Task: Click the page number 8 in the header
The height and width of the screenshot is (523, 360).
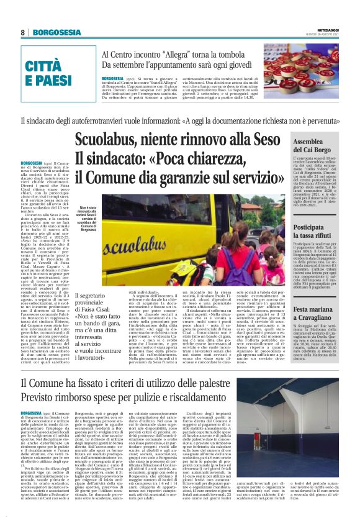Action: pyautogui.click(x=22, y=32)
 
